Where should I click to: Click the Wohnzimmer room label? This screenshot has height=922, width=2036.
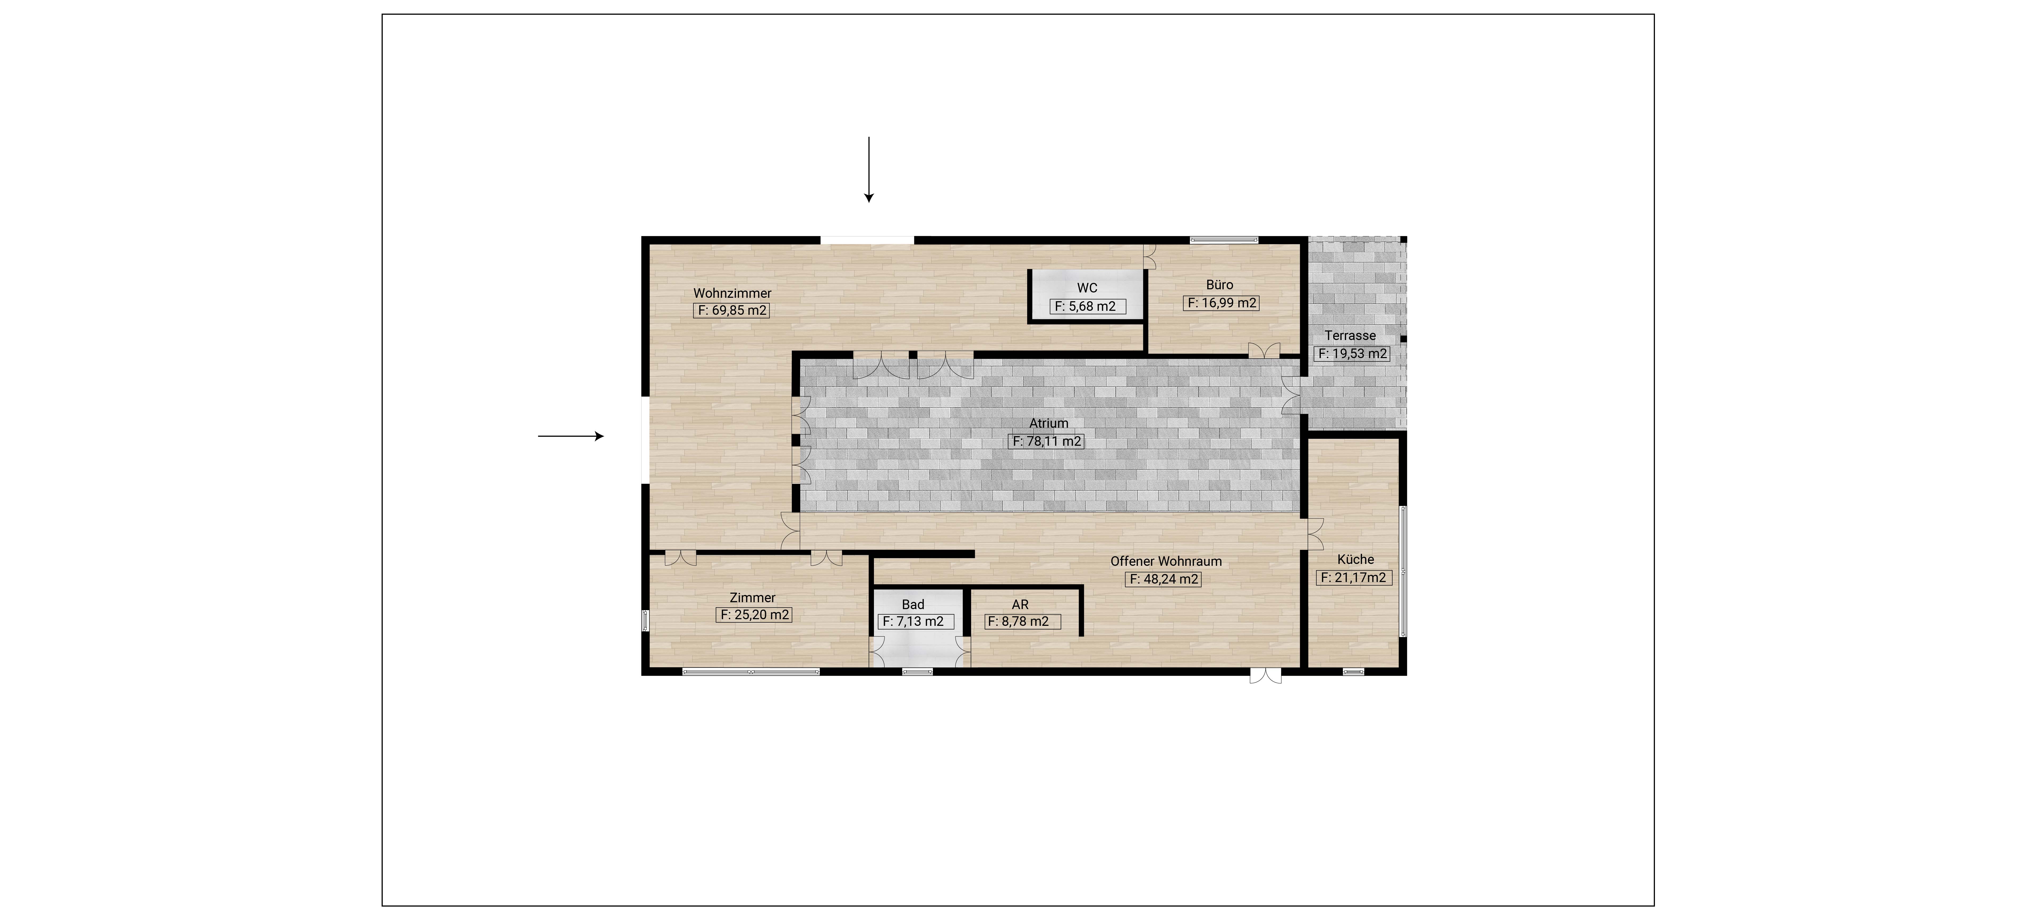point(732,293)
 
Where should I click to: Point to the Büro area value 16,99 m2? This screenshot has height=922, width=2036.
point(1221,303)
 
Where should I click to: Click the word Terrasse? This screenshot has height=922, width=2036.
point(1350,335)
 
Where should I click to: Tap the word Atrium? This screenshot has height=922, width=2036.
point(1048,423)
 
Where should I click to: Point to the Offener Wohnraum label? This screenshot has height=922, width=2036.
point(1166,562)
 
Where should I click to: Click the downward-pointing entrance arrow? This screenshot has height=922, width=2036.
point(869,169)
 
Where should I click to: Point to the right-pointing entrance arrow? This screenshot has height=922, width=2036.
point(571,436)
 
